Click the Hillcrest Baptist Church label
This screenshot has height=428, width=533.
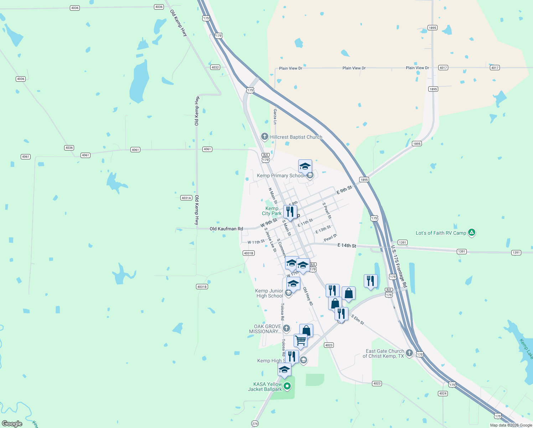coord(296,137)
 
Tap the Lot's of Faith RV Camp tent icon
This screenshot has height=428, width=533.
coord(472,233)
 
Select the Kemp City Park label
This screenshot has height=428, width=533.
coord(271,211)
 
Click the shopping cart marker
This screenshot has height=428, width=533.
coord(300,340)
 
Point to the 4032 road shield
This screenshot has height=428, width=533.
coord(215,67)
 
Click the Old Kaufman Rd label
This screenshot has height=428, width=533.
coord(226,229)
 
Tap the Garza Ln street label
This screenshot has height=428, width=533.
coord(275,117)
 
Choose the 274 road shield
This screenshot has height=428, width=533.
coord(255,424)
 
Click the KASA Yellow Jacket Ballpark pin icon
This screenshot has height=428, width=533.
coord(287,386)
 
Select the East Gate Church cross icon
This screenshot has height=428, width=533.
coord(409,353)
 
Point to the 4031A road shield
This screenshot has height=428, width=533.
coord(186,198)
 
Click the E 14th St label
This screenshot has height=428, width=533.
coord(347,245)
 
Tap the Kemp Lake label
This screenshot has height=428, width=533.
coord(526,349)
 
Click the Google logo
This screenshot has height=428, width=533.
coord(12,424)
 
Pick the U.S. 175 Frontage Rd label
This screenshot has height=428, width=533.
coord(399,266)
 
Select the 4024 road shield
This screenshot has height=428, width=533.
coord(443,393)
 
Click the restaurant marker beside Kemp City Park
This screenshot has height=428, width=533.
coord(290,212)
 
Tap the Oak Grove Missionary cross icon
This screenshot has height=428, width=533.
coord(286,328)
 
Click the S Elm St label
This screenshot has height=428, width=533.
coord(357,320)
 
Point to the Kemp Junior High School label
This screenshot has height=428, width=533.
coord(269,294)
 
